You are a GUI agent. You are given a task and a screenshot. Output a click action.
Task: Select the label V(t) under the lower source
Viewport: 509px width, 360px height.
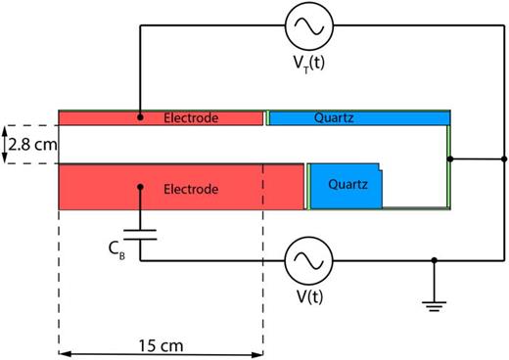pyautogui.click(x=308, y=299)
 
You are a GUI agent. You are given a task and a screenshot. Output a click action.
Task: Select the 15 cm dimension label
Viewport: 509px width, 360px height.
pyautogui.click(x=161, y=344)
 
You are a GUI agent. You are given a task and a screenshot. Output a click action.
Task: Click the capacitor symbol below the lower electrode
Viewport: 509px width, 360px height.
pyautogui.click(x=140, y=236)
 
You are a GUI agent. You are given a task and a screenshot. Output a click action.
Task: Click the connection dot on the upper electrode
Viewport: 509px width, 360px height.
pyautogui.click(x=140, y=117)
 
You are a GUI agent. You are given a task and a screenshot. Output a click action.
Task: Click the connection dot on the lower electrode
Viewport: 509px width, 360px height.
pyautogui.click(x=140, y=186)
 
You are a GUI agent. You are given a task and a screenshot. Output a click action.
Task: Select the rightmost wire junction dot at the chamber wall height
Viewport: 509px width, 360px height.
pyautogui.click(x=503, y=157)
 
